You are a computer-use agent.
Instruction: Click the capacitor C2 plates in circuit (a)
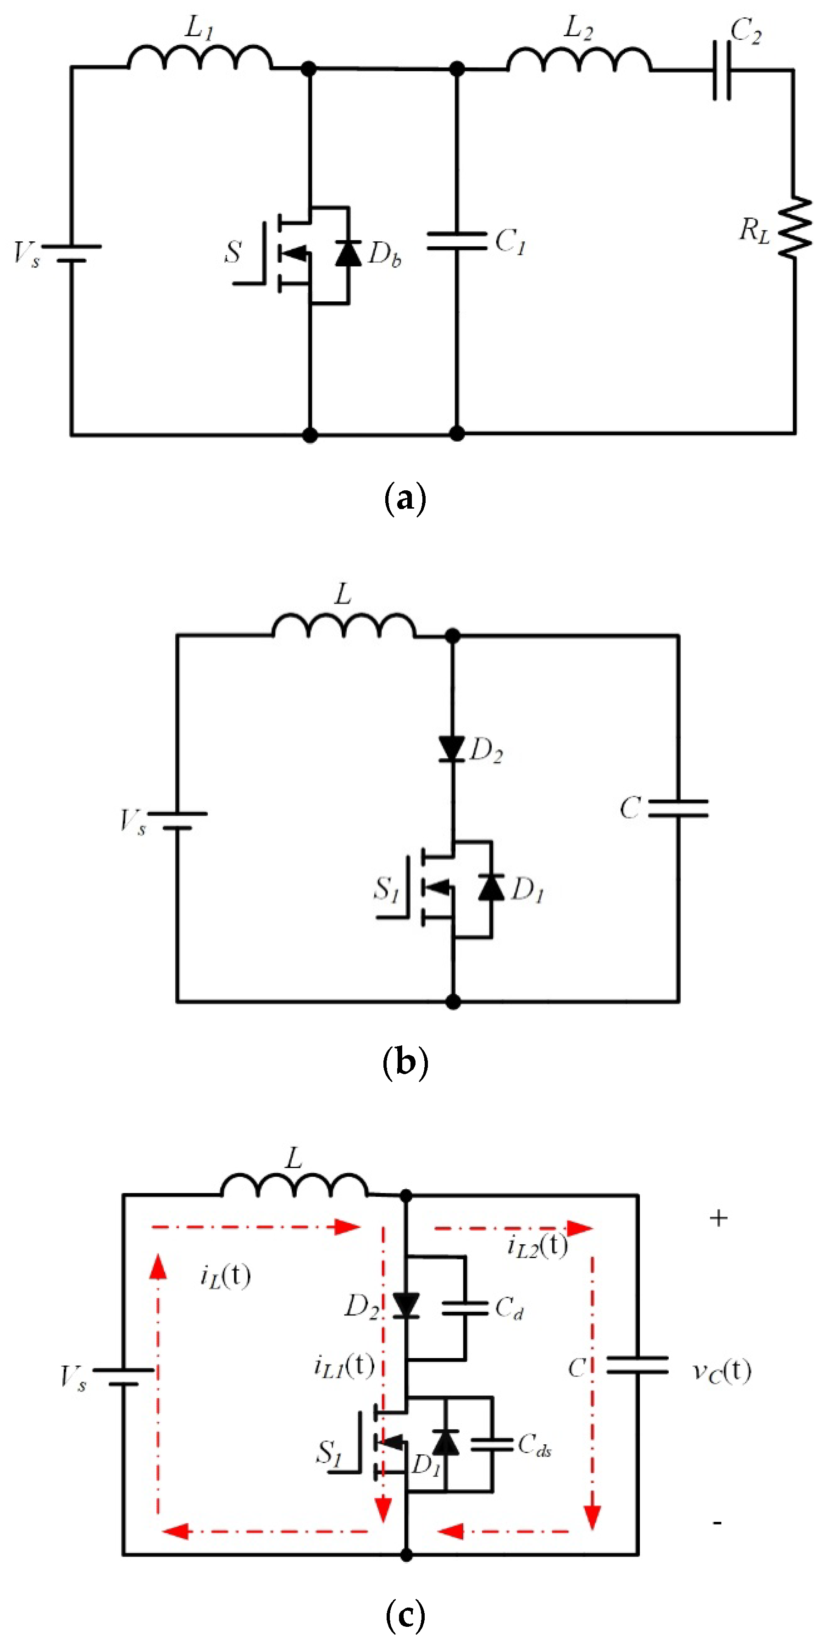coord(722,70)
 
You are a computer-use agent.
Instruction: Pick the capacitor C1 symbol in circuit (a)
coord(456,241)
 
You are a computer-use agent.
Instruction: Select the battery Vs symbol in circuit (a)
coord(72,253)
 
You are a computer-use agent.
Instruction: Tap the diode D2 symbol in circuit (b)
coord(452,749)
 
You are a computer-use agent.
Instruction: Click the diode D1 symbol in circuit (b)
coord(491,888)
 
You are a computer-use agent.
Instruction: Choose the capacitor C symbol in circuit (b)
coord(678,808)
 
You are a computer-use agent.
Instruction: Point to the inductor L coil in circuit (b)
coord(344,626)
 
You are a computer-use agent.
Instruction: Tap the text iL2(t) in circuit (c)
coord(537,1246)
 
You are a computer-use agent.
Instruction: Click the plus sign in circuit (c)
coord(719,1218)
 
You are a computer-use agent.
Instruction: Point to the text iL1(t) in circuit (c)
coord(344,1366)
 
